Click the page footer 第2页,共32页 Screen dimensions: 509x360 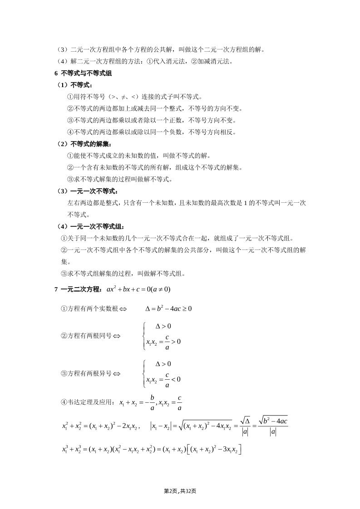[x=180, y=491]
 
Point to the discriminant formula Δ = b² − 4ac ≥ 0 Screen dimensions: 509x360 [x=168, y=308]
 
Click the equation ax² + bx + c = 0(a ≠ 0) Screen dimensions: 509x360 [x=138, y=289]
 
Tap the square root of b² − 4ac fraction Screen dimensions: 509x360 [x=272, y=426]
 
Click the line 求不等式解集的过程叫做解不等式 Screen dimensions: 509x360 [x=119, y=179]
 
